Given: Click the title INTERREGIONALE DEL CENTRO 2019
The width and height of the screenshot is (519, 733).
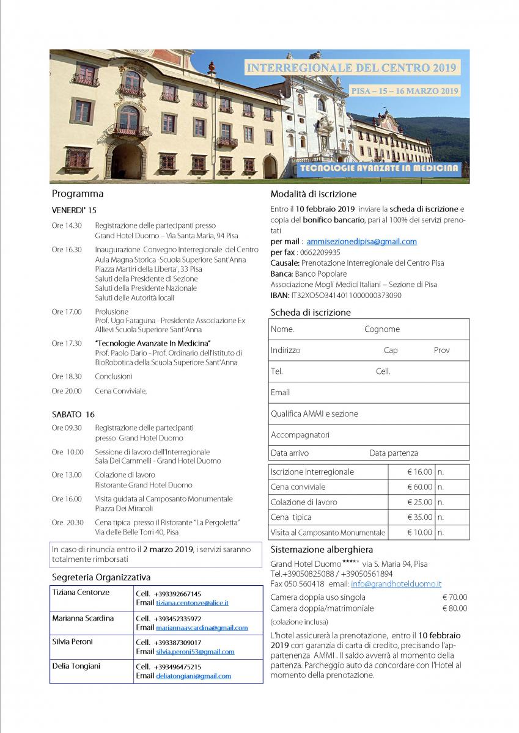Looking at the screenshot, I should (352, 68).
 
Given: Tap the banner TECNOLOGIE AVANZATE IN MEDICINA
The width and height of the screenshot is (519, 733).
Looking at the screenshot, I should (380, 167).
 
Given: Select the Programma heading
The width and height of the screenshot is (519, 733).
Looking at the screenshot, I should (78, 194).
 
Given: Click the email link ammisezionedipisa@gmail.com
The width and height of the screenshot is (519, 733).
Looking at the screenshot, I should (361, 241).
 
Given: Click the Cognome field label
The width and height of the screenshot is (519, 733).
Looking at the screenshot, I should (381, 329).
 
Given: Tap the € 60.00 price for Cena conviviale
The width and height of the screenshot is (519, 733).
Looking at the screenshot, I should (419, 487).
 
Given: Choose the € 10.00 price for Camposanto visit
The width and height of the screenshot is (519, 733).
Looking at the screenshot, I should (419, 533).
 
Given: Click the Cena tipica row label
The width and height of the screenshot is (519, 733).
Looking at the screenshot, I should (291, 517).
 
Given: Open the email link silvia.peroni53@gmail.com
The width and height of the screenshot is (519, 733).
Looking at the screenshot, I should (194, 652).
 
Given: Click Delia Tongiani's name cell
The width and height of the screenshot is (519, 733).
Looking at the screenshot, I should (76, 666).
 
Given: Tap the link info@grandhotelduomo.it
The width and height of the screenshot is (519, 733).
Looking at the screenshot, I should (396, 584).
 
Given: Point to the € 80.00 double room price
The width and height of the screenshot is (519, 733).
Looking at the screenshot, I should (454, 608).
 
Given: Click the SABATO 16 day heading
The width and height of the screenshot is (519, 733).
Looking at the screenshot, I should (73, 414).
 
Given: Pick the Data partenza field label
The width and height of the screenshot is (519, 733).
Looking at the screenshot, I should (394, 453).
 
